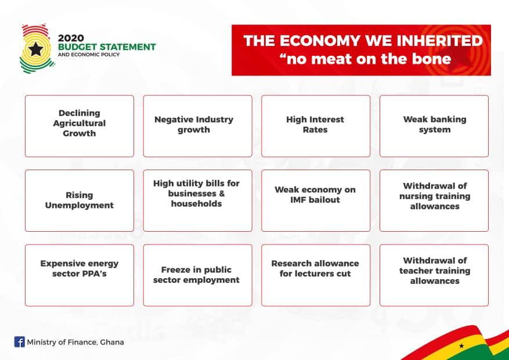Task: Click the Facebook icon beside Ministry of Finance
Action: [20, 342]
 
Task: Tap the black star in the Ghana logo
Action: [36, 49]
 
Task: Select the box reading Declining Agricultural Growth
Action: [80, 126]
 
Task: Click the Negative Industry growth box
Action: [198, 126]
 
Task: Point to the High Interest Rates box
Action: [316, 126]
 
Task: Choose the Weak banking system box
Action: [434, 126]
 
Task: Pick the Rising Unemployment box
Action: [80, 201]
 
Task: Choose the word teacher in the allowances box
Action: [416, 271]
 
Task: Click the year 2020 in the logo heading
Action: [71, 38]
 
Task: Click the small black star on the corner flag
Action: [461, 345]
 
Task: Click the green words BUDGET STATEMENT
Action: [107, 47]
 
